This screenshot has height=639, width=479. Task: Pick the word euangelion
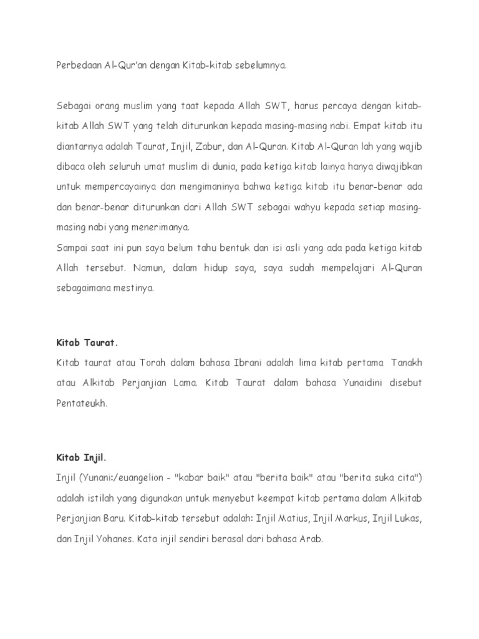141,478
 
